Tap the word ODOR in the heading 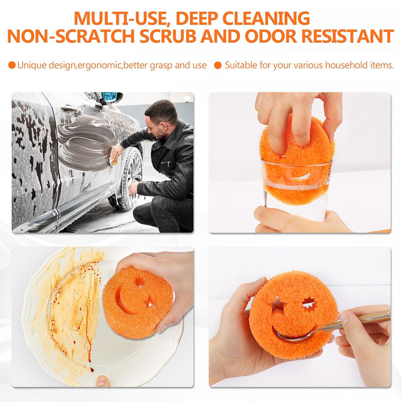(262, 36)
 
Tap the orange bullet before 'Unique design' (12, 65)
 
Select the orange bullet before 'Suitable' (218, 65)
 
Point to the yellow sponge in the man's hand (114, 161)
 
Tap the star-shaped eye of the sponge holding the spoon (310, 304)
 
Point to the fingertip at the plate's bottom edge (102, 381)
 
